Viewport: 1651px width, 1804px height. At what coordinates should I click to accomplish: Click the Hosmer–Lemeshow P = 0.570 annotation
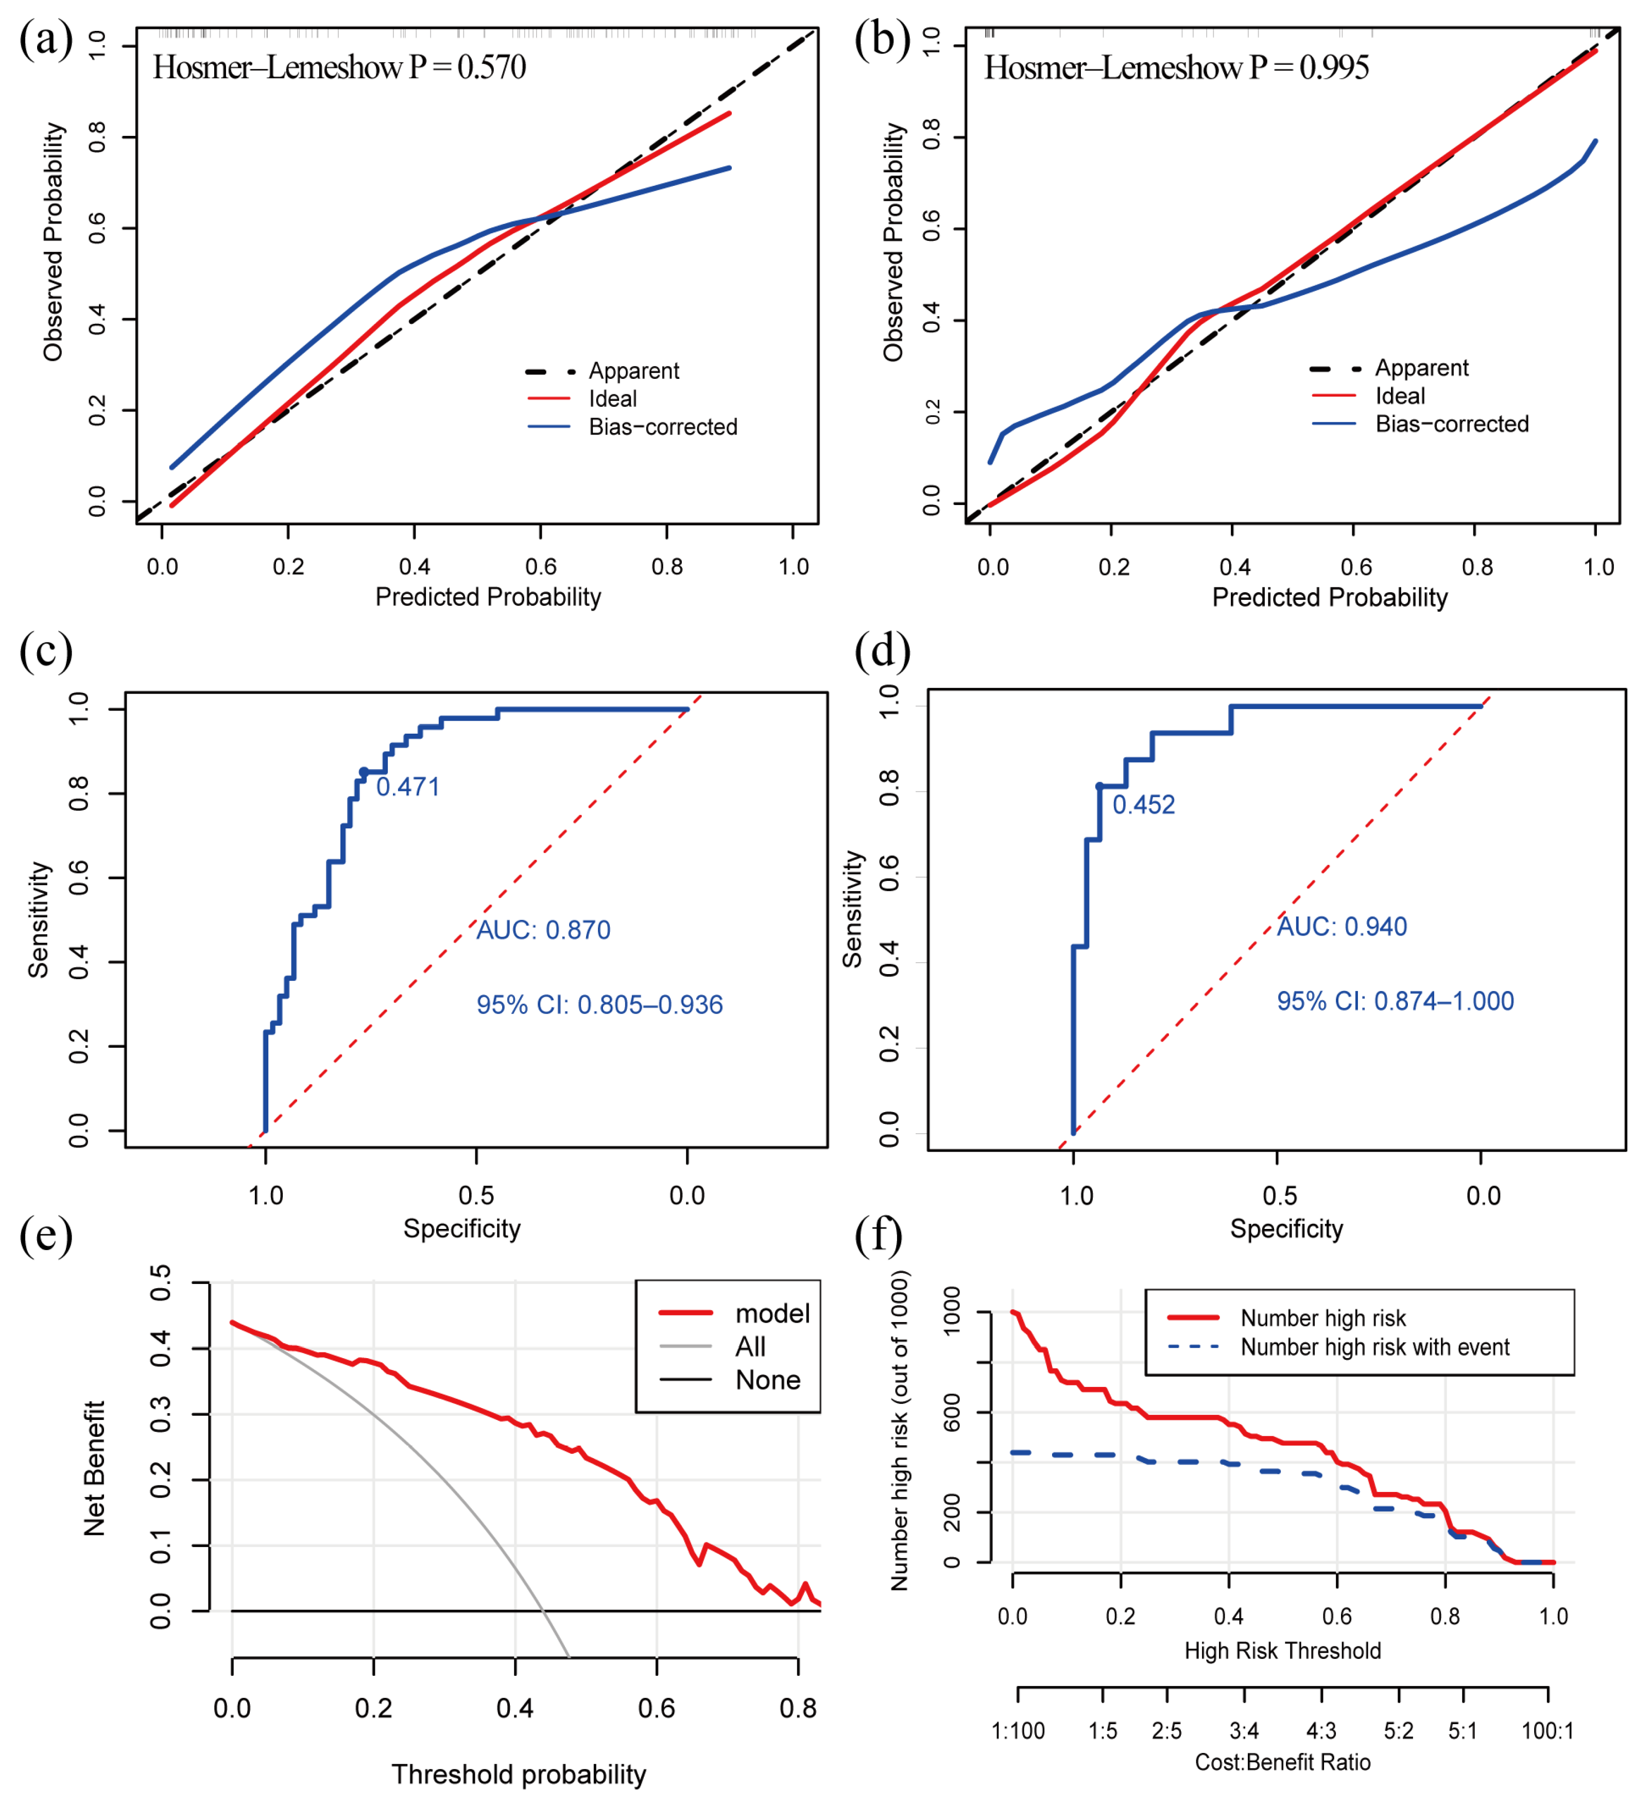pos(339,67)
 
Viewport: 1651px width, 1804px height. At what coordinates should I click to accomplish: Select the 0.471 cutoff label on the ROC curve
pos(408,788)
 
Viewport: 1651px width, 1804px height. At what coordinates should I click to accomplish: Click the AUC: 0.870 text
pos(543,931)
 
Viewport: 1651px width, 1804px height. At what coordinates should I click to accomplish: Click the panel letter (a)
pos(46,40)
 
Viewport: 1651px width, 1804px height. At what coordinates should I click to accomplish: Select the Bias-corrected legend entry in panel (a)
pos(662,428)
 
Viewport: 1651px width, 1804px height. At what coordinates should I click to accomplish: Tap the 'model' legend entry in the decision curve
pos(771,1314)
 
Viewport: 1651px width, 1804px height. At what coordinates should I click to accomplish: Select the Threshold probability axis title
pos(519,1775)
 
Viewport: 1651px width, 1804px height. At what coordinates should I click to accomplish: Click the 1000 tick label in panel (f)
pos(952,1311)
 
